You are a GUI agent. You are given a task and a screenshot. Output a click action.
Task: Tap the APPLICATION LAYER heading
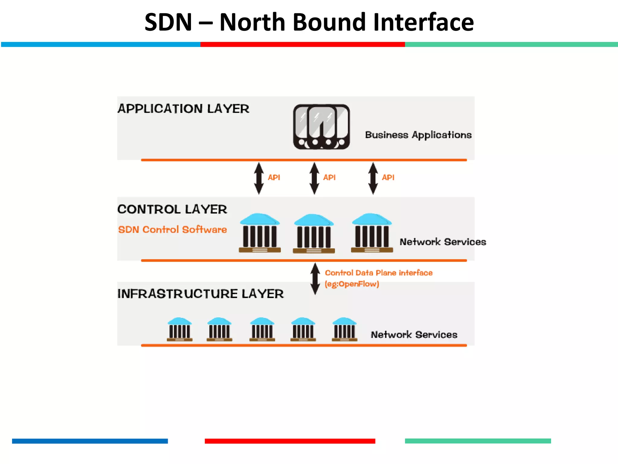183,109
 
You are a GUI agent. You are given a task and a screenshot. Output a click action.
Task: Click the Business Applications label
418,135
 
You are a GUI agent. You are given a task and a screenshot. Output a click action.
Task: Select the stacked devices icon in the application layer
321,127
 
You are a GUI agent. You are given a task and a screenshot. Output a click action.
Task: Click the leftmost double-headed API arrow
259,178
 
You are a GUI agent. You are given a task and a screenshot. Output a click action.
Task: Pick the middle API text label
329,177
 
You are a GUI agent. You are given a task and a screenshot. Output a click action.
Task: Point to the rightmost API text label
388,177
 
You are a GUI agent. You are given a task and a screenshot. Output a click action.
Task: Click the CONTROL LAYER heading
172,209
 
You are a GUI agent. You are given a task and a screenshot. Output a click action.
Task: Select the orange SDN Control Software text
172,230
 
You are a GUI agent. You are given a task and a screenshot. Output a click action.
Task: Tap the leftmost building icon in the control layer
260,233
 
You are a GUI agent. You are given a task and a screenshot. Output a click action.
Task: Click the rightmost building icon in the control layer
372,233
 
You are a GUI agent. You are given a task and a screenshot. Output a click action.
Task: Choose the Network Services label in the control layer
443,242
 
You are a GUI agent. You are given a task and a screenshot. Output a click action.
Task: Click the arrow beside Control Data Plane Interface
315,279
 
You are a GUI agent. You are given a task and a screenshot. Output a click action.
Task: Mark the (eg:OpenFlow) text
352,284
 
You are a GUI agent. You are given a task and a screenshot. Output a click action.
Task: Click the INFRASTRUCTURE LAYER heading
200,294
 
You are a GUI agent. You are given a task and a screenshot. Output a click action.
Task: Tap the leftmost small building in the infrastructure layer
180,329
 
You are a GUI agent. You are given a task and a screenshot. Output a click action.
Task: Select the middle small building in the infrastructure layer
262,329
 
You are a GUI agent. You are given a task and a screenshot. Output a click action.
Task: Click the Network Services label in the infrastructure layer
414,335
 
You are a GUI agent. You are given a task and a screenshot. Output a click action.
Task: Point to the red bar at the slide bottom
290,441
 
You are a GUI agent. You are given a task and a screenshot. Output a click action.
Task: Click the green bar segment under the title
511,44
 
